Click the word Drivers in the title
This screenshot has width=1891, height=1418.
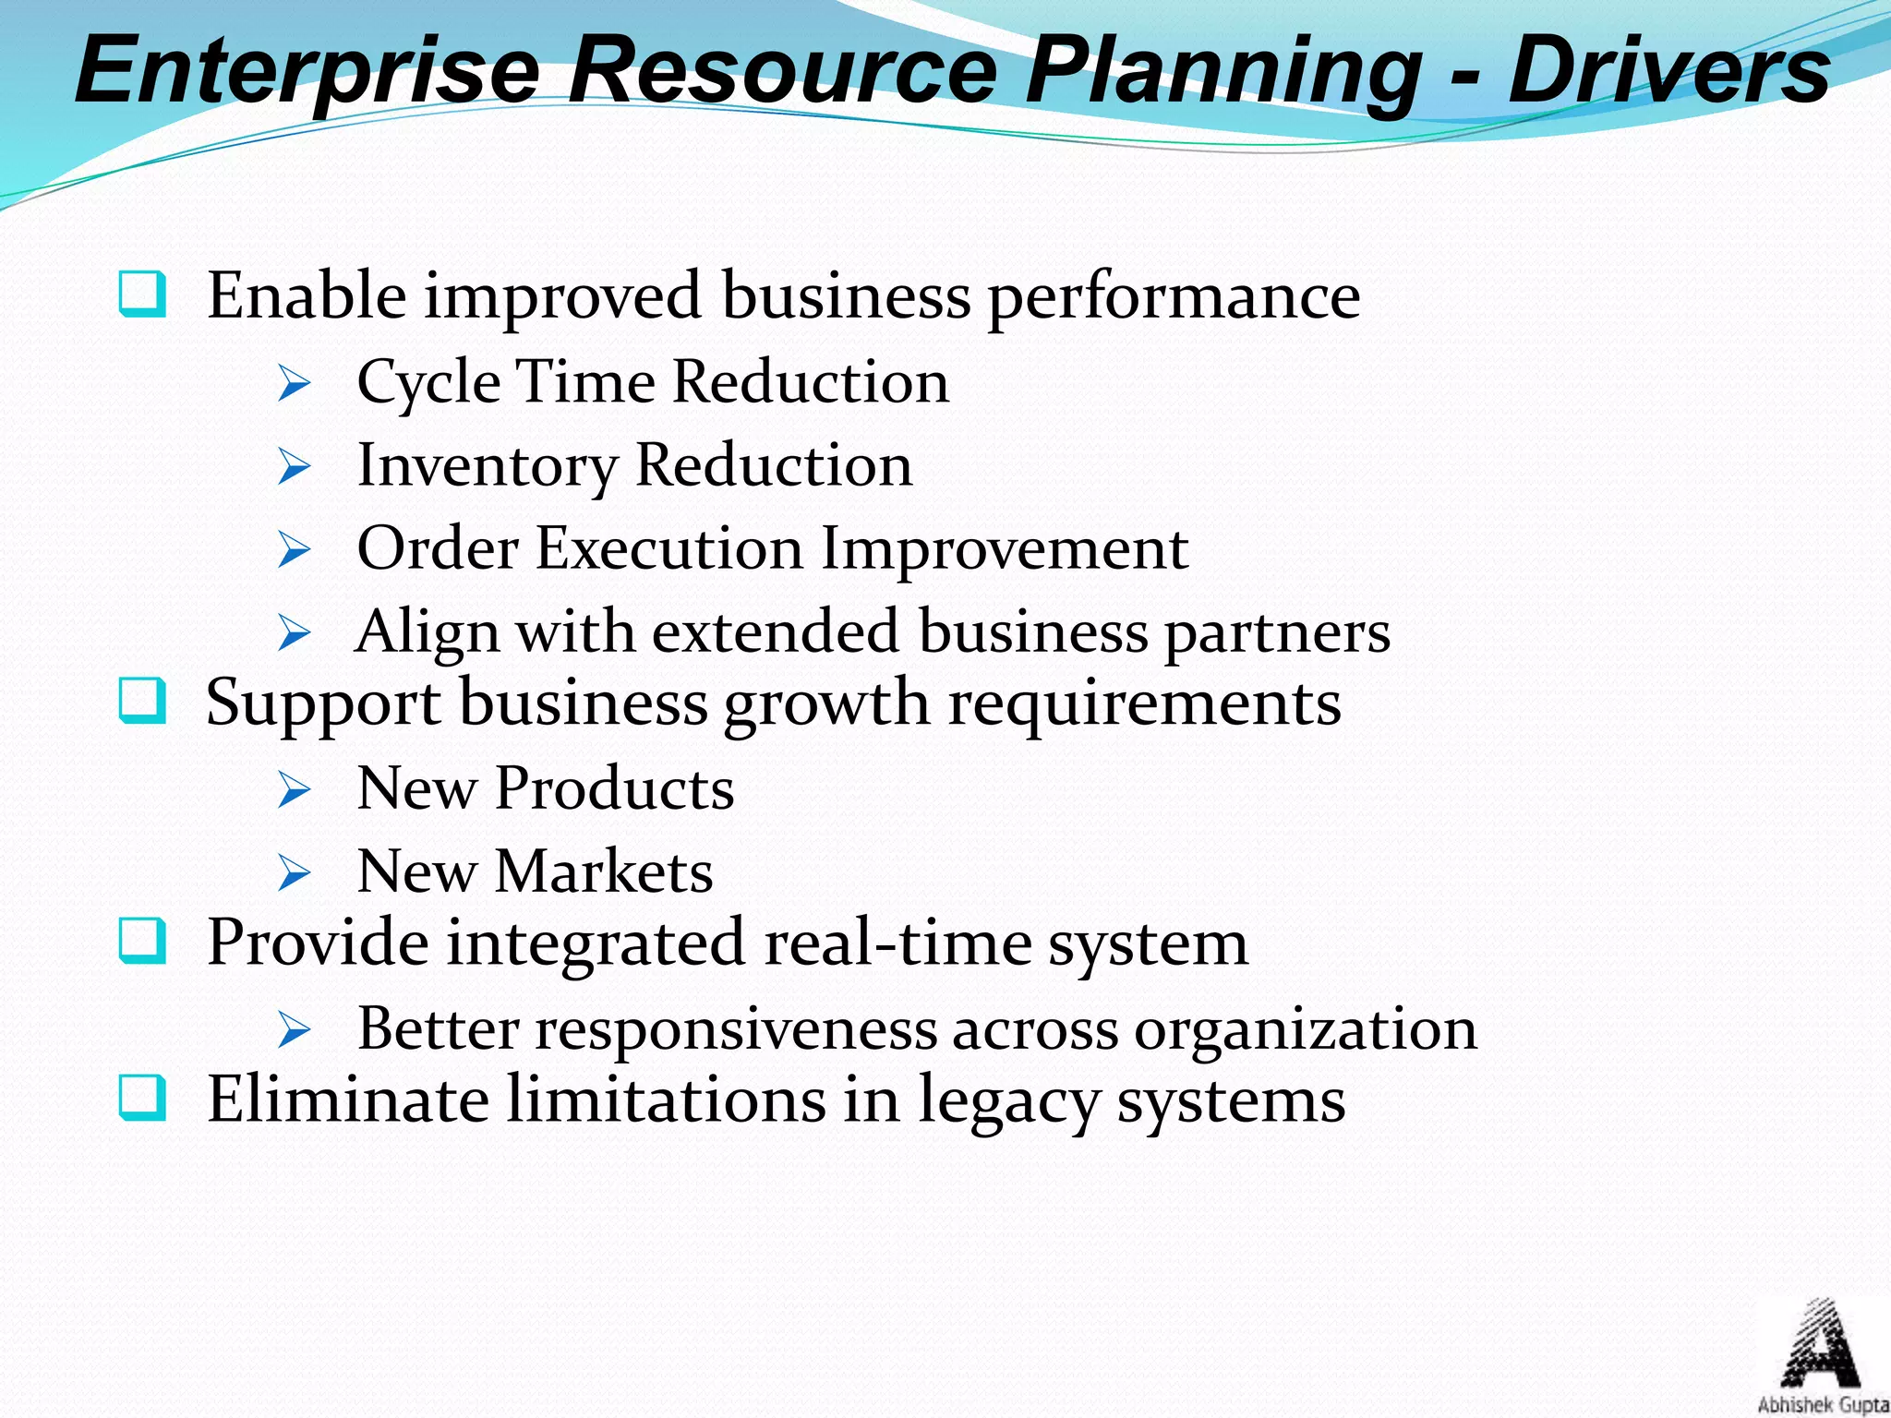1668,70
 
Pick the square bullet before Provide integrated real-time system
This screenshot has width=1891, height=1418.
143,941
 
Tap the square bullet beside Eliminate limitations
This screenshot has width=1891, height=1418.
143,1098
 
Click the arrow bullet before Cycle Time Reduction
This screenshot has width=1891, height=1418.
294,383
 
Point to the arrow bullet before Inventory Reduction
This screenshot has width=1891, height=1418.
294,466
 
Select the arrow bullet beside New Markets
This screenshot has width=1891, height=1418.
294,872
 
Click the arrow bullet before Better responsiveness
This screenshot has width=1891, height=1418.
294,1029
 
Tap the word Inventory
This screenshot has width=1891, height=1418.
487,466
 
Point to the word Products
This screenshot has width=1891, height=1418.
614,789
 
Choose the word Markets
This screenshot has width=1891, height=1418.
604,871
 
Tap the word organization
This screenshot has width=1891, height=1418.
1306,1028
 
